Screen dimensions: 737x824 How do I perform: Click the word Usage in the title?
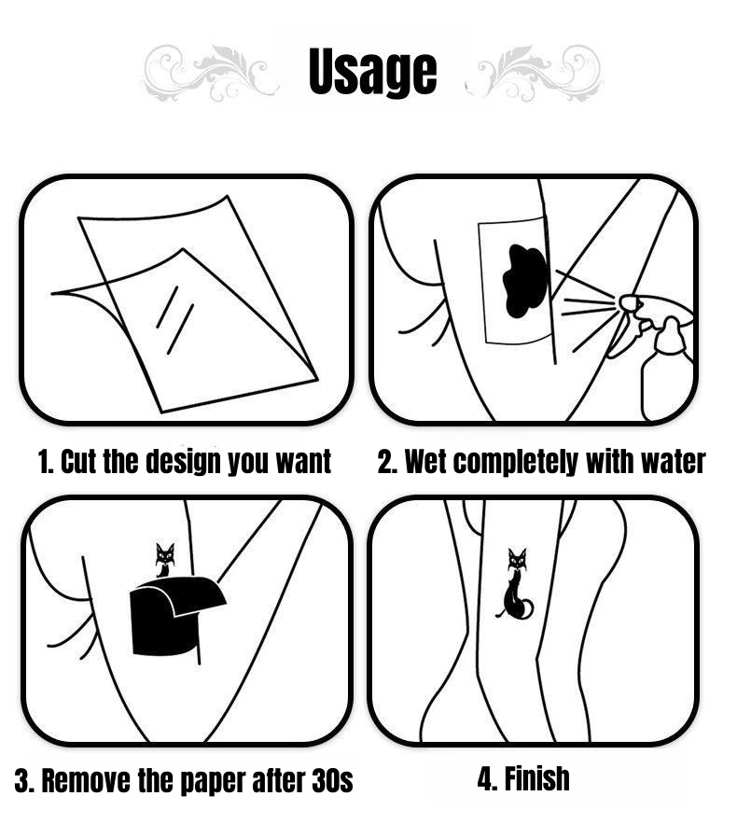(x=372, y=71)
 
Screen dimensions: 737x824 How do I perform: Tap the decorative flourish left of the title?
(x=210, y=74)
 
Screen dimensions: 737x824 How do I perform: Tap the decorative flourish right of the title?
(x=535, y=74)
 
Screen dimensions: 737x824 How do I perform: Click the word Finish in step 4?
(x=536, y=778)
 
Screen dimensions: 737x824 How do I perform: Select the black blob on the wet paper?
(x=525, y=281)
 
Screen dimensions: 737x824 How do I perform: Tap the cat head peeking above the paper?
(x=165, y=555)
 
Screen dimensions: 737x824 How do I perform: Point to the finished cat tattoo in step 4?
(x=515, y=583)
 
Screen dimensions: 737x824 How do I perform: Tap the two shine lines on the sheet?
(x=175, y=320)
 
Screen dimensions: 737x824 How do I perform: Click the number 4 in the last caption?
(x=484, y=778)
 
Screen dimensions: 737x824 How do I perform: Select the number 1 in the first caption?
(x=43, y=462)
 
